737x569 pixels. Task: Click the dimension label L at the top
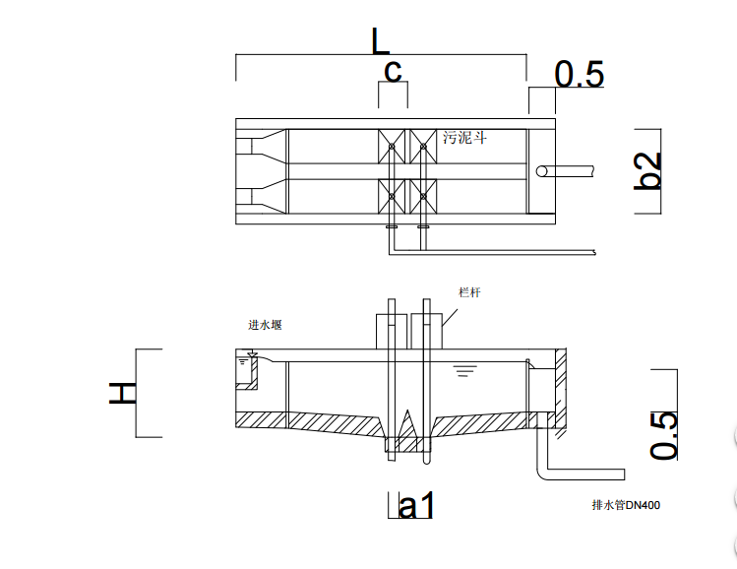[x=380, y=41]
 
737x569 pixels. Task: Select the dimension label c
[x=393, y=72]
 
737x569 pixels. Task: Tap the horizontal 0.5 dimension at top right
[x=579, y=74]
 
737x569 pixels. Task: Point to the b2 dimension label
[x=647, y=170]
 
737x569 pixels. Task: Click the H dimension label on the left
[x=123, y=393]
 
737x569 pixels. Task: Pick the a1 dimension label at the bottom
[x=416, y=506]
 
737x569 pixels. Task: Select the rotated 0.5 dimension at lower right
[x=663, y=435]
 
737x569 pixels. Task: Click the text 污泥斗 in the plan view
[x=464, y=138]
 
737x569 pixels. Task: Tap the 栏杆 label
[x=469, y=292]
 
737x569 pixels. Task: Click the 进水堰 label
[x=265, y=325]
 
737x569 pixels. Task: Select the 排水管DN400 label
[x=626, y=505]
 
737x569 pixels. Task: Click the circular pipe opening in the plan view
[x=542, y=171]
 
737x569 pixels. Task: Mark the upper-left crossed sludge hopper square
[x=392, y=147]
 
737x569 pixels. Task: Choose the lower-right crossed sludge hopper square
[x=423, y=196]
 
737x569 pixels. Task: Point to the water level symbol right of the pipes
[x=465, y=371]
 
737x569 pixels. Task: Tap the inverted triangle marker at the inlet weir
[x=253, y=354]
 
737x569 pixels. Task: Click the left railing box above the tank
[x=392, y=332]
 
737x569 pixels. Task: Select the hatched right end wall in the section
[x=561, y=389]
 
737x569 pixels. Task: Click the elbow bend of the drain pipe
[x=541, y=474]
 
